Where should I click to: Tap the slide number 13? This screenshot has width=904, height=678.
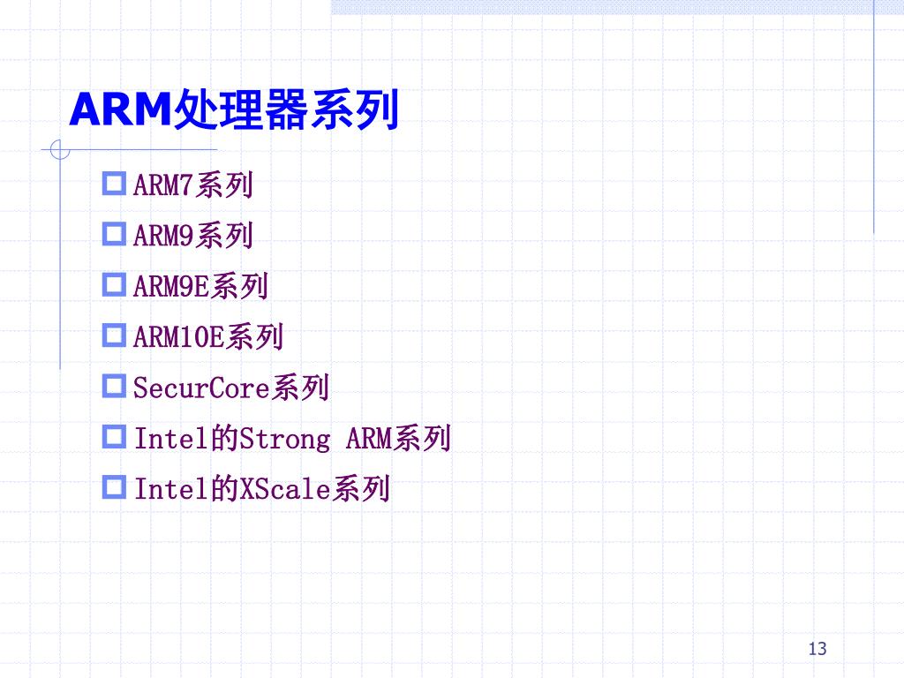point(817,650)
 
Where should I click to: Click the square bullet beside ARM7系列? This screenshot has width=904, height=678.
point(116,184)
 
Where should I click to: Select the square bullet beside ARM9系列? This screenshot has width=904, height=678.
point(116,234)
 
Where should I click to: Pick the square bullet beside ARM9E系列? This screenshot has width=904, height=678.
point(116,284)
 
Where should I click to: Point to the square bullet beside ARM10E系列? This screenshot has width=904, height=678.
point(116,335)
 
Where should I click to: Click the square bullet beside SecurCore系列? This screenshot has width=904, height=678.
point(116,385)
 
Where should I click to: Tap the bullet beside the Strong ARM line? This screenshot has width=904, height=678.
point(116,435)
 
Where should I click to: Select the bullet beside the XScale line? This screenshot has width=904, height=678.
point(116,486)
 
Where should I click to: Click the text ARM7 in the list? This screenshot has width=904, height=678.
point(163,186)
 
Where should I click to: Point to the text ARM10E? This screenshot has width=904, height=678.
point(178,337)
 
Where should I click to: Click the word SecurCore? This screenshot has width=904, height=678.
point(201,388)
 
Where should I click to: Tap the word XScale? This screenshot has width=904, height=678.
point(284,488)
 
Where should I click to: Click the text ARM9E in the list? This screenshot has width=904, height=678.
point(171,287)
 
